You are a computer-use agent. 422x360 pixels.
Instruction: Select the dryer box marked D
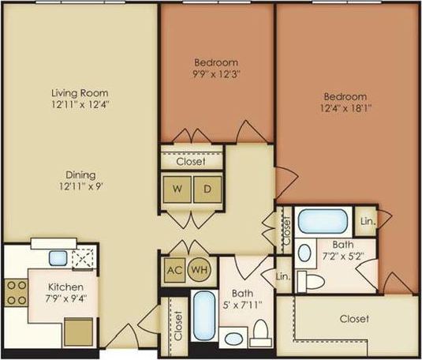click(x=207, y=189)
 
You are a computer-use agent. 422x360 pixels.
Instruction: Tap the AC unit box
click(x=174, y=268)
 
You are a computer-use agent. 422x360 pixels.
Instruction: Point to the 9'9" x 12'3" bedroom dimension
click(x=215, y=74)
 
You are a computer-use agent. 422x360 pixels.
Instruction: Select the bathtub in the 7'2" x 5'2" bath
click(x=323, y=219)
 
